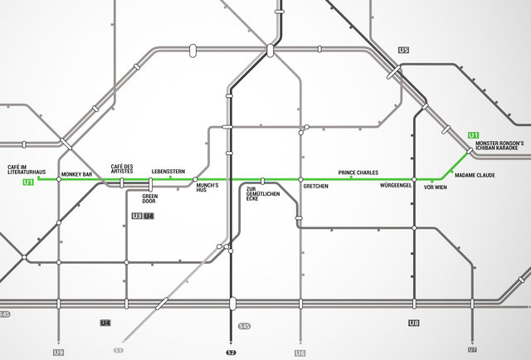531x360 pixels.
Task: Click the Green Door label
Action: coord(149,199)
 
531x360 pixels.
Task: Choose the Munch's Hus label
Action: coord(207,188)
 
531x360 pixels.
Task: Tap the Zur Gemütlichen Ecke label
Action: coord(263,195)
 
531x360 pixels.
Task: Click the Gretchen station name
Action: coord(316,187)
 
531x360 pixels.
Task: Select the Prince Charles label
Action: coord(358,173)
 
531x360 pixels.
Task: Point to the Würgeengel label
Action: coord(396,187)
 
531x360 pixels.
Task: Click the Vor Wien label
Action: coord(435,188)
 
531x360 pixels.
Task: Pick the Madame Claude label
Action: coord(475,176)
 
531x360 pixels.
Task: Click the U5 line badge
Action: coord(404,51)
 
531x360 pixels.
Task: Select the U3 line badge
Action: coord(137,216)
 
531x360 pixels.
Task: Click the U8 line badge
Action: coord(414,322)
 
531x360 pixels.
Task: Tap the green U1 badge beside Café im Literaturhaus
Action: coord(28,182)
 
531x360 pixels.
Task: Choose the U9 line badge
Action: coord(58,353)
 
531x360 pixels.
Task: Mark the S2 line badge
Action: coord(231,353)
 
